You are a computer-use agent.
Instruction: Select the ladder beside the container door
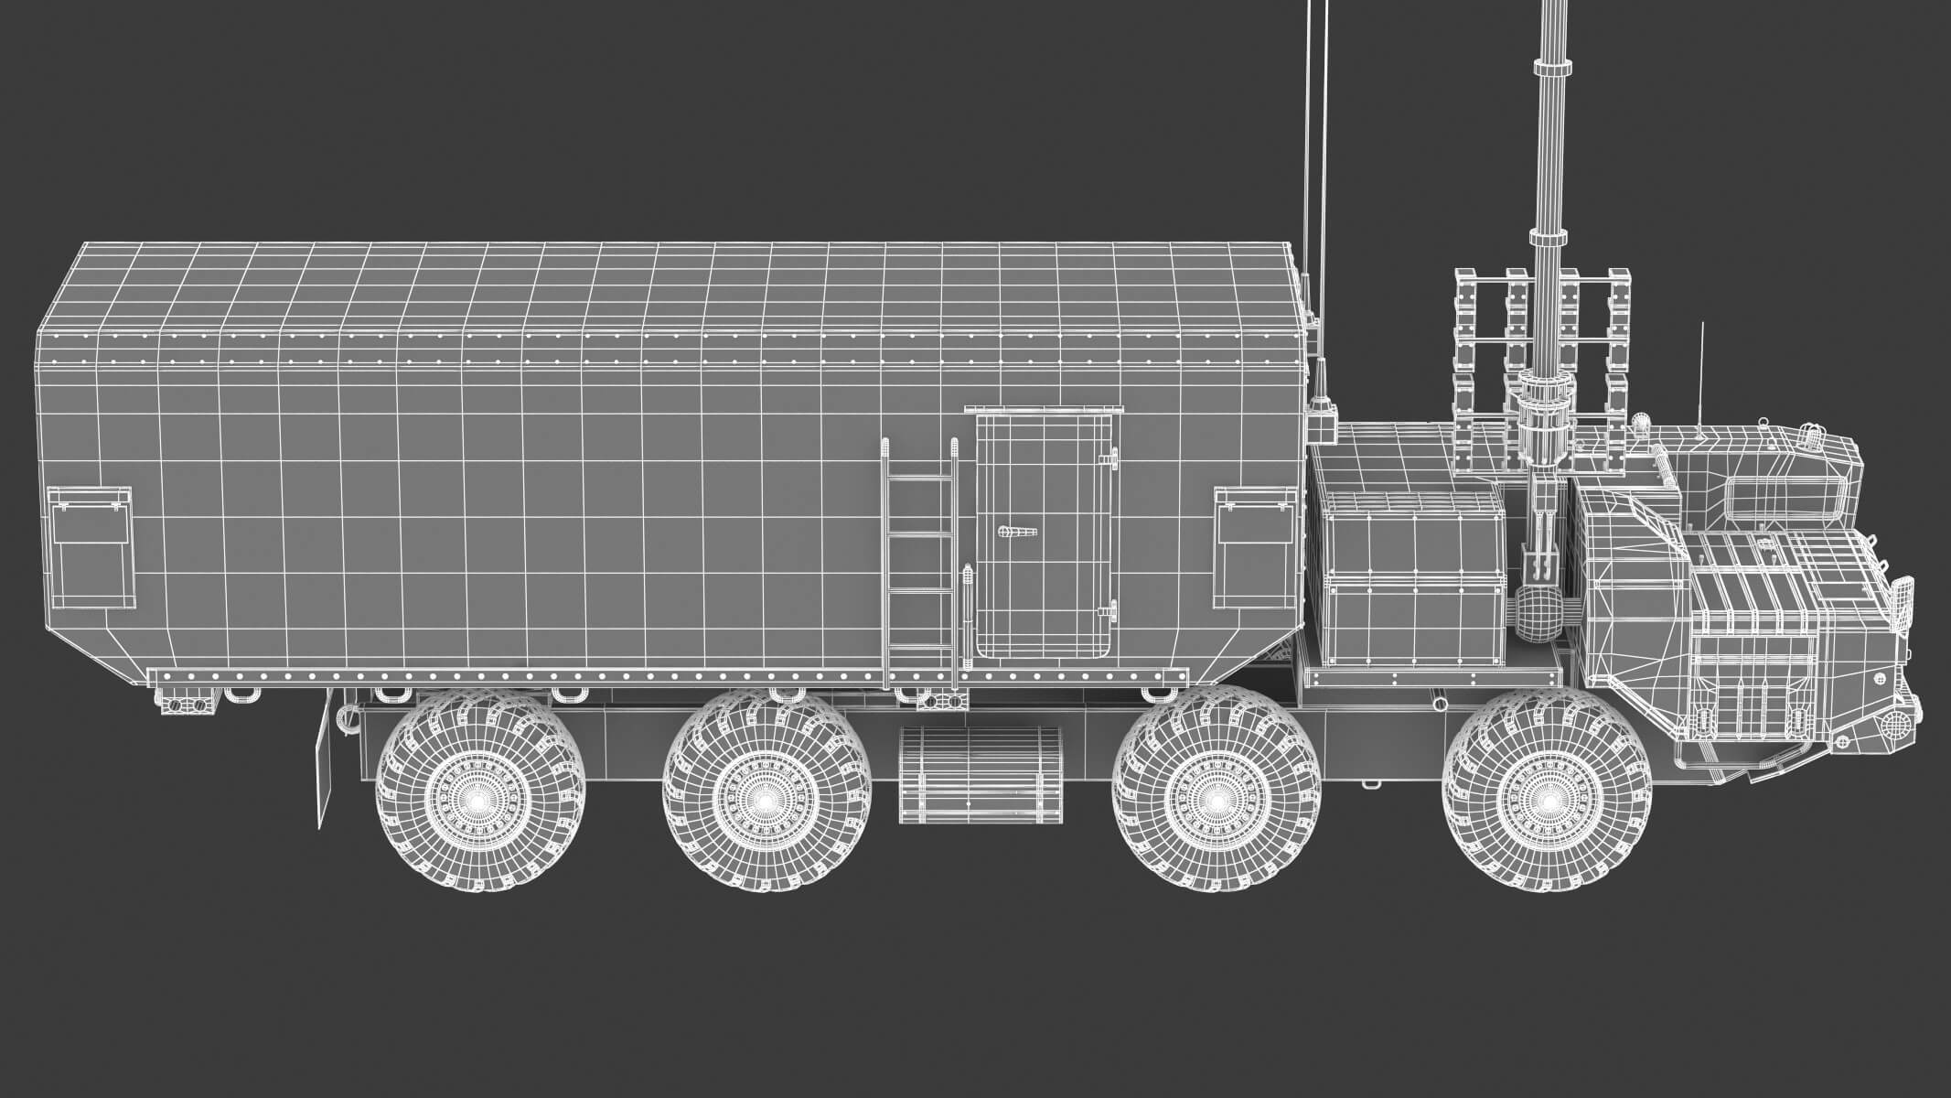point(920,558)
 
